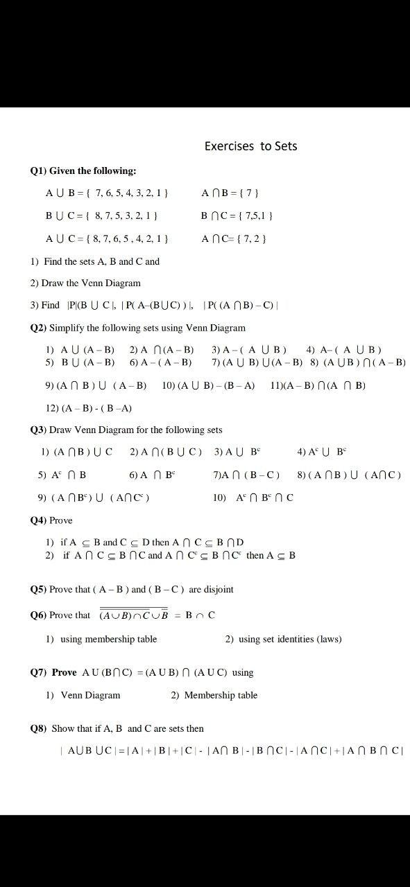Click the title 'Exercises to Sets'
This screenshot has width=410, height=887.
click(x=250, y=146)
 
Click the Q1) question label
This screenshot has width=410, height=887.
click(x=39, y=170)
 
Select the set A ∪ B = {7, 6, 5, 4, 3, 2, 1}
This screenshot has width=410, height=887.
click(x=107, y=193)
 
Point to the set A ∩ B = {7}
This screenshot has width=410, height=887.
click(x=230, y=193)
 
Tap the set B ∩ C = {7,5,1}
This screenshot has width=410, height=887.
click(x=237, y=216)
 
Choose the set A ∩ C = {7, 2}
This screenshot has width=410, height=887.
click(x=234, y=238)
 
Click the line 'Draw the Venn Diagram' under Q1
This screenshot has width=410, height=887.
click(x=85, y=283)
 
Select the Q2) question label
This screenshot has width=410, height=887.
click(x=39, y=328)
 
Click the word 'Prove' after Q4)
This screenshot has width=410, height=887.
click(x=61, y=520)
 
